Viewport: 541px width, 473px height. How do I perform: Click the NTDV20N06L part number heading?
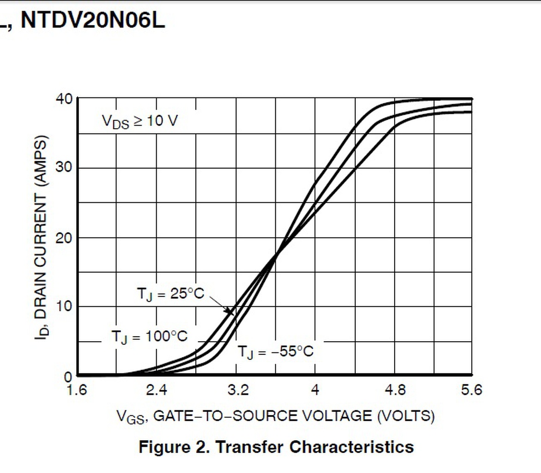tap(92, 21)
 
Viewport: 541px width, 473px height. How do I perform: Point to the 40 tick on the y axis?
tap(63, 99)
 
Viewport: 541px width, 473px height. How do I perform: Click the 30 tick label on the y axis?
tap(63, 168)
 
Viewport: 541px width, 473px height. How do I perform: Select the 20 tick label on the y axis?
tap(63, 237)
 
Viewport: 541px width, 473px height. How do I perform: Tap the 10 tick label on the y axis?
tap(63, 307)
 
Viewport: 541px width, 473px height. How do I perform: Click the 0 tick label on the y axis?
tap(68, 376)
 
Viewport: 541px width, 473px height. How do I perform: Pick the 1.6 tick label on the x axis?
tap(77, 391)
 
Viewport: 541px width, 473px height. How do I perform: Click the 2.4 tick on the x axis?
tap(156, 391)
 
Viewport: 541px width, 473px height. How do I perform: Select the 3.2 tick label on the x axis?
tap(236, 391)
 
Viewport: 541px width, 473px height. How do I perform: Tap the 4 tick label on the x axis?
tap(315, 391)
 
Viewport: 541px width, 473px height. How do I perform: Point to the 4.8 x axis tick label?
tap(395, 391)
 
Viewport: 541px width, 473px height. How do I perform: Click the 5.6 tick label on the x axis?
tap(471, 391)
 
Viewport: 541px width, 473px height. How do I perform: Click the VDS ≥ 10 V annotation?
tap(140, 121)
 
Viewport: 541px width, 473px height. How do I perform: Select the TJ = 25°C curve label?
tap(170, 293)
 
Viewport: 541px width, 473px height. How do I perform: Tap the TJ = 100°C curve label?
tap(149, 336)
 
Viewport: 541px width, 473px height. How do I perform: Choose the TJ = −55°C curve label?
tap(275, 352)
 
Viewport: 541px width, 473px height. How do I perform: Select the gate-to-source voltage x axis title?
tap(275, 416)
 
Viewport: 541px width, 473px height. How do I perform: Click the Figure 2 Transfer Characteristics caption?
tap(276, 447)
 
